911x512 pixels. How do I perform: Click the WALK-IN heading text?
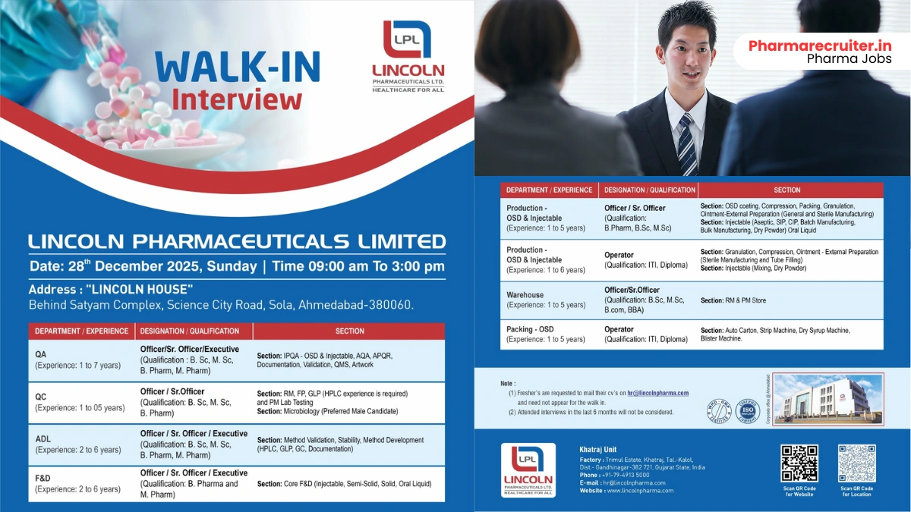coord(238,67)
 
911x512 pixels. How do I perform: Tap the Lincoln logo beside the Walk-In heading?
coord(408,55)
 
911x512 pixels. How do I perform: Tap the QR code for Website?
coord(799,463)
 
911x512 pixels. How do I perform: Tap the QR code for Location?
coord(856,463)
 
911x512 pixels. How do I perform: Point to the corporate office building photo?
coord(828,398)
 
